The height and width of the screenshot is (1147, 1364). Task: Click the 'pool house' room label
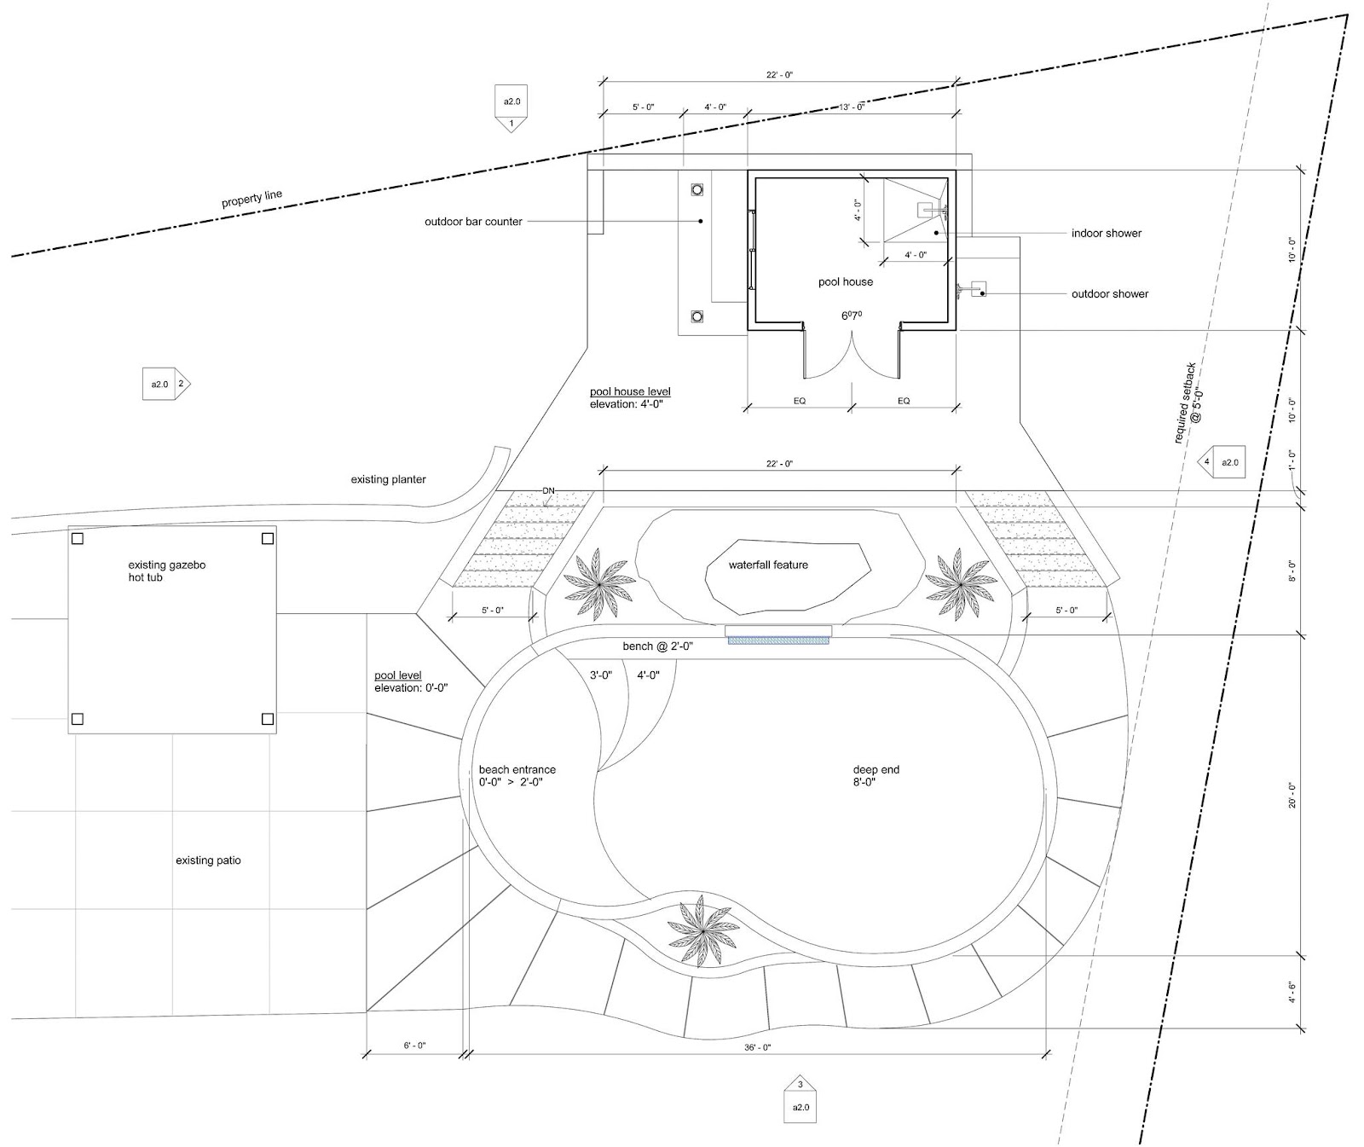coord(845,281)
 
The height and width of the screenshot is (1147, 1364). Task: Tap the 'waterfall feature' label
coord(768,565)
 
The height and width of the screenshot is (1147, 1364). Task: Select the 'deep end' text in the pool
coord(876,769)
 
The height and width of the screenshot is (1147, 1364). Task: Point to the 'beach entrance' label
coord(517,769)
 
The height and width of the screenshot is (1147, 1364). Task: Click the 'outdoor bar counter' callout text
coord(473,222)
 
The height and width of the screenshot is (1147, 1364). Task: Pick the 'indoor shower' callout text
coord(1107,233)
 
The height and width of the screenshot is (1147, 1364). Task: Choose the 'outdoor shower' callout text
coord(1110,293)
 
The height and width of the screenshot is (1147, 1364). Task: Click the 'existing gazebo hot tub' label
coord(167,571)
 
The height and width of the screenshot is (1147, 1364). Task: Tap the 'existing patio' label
coord(208,860)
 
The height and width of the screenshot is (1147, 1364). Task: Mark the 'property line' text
coord(251,200)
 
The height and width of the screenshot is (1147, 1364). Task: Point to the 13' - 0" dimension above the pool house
coord(852,107)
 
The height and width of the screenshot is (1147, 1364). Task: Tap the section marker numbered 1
coord(511,108)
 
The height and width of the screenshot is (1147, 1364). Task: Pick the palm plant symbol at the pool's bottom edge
coord(702,930)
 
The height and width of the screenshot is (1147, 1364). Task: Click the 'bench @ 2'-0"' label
coord(657,646)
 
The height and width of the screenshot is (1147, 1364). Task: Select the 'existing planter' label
coord(388,479)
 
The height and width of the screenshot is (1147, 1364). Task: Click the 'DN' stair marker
coord(548,490)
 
